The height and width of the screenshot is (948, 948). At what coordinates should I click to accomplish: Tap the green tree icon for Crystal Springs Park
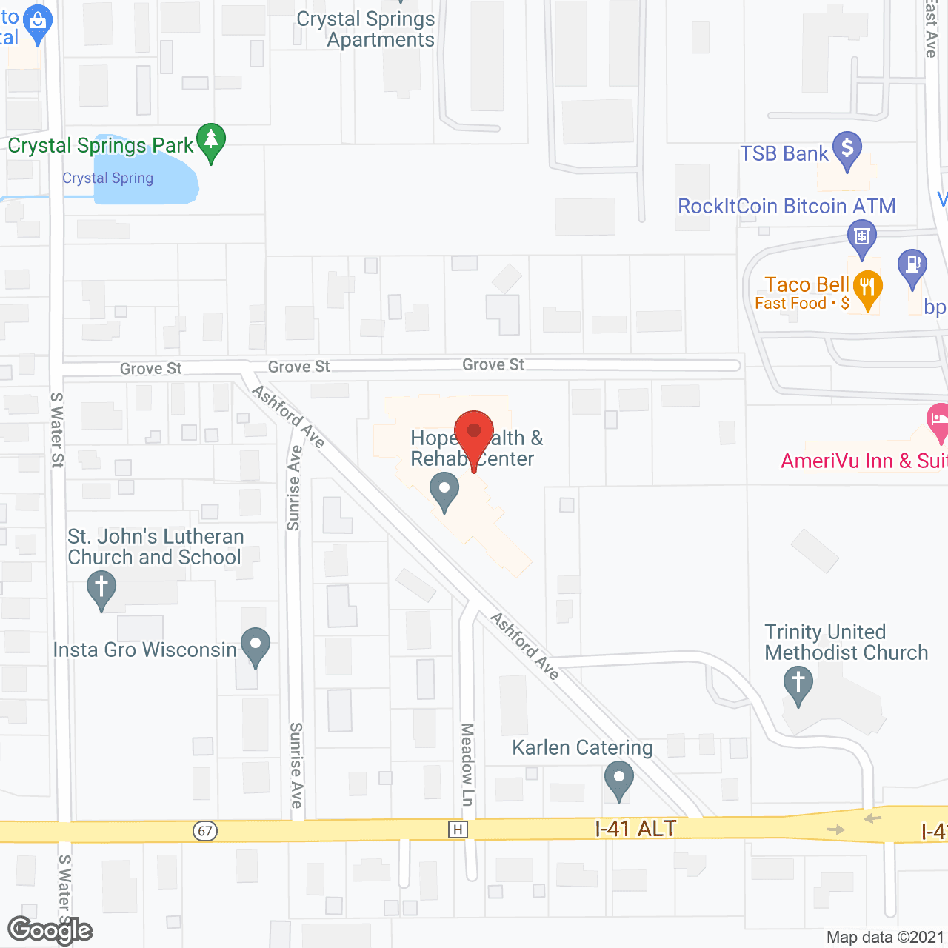[x=211, y=141]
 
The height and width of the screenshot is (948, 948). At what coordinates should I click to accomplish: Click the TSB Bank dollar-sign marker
[x=847, y=149]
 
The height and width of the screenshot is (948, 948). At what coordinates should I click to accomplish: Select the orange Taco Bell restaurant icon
[x=867, y=288]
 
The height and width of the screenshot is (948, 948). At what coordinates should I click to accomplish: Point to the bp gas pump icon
[x=912, y=267]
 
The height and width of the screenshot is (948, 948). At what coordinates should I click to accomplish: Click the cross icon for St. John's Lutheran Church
[x=101, y=590]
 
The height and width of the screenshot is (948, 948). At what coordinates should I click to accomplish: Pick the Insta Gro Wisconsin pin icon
[x=256, y=646]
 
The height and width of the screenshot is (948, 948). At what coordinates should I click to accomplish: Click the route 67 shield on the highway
[x=205, y=830]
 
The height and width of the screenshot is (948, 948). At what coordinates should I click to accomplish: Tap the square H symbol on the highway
[x=458, y=829]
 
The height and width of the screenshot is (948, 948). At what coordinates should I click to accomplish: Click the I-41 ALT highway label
[x=635, y=828]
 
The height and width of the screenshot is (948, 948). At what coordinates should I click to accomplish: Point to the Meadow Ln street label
[x=467, y=764]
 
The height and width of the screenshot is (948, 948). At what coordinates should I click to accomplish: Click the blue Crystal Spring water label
[x=107, y=178]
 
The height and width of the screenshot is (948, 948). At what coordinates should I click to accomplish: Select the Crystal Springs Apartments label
[x=367, y=30]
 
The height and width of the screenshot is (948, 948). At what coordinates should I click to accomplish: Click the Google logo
[x=50, y=930]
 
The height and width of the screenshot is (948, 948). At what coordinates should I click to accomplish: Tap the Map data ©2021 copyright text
[x=885, y=938]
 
